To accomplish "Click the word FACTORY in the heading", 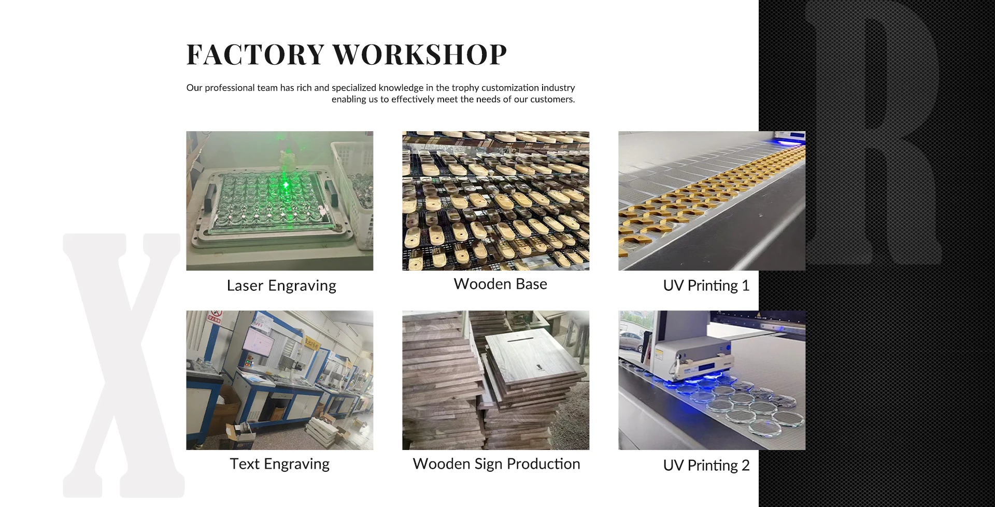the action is pos(255,54).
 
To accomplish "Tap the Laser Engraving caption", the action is pos(281,286).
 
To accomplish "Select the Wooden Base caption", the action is pos(501,284).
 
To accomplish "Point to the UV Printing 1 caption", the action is pos(706,286).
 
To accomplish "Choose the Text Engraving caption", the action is pos(280,464).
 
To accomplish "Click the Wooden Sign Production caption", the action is pos(496,464).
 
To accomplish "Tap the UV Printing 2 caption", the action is pos(706,466).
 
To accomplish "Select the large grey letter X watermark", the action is pos(123,365).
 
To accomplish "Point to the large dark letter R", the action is pos(873,132).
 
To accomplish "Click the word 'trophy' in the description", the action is pos(465,88).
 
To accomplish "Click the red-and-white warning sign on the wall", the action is pos(215,316).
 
